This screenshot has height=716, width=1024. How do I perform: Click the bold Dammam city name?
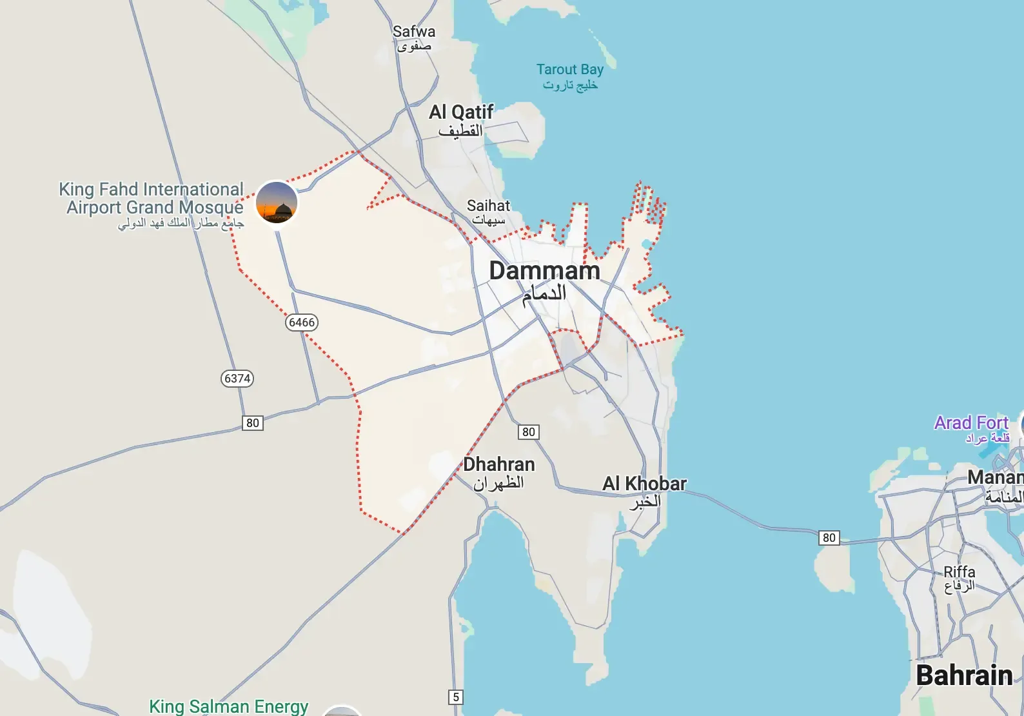pyautogui.click(x=544, y=271)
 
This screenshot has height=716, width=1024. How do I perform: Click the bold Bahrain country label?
pyautogui.click(x=964, y=675)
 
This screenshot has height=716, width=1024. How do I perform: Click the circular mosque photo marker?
pyautogui.click(x=277, y=203)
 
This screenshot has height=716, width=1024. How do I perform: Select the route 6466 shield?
pyautogui.click(x=302, y=323)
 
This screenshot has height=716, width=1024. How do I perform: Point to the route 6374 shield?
pyautogui.click(x=237, y=379)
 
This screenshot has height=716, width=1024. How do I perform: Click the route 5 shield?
pyautogui.click(x=456, y=697)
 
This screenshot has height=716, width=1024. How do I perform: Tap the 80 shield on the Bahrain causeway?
pyautogui.click(x=829, y=538)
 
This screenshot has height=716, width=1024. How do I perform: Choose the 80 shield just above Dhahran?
pyautogui.click(x=529, y=432)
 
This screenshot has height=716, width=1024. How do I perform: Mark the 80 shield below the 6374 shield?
pyautogui.click(x=253, y=423)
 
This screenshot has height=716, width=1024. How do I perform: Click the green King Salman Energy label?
pyautogui.click(x=229, y=706)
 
